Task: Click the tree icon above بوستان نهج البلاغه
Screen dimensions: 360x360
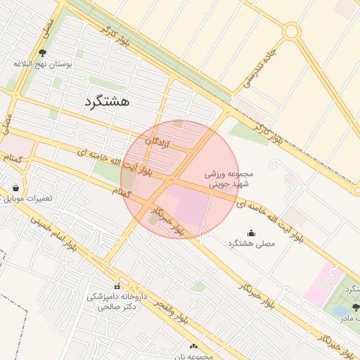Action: tap(43, 53)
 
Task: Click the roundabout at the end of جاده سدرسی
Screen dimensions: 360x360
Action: tap(291, 31)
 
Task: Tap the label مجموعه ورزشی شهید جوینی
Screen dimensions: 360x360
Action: tap(228, 179)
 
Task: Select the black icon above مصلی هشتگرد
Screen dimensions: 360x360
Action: tap(252, 233)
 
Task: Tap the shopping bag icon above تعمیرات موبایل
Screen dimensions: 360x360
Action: tap(15, 188)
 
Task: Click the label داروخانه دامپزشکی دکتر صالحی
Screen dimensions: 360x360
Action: tap(116, 301)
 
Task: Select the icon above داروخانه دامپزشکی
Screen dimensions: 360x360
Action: tap(117, 286)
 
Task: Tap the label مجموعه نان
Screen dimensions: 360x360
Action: tap(195, 356)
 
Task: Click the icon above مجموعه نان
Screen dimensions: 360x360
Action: tap(194, 346)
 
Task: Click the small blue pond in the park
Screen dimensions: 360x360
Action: tap(340, 310)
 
